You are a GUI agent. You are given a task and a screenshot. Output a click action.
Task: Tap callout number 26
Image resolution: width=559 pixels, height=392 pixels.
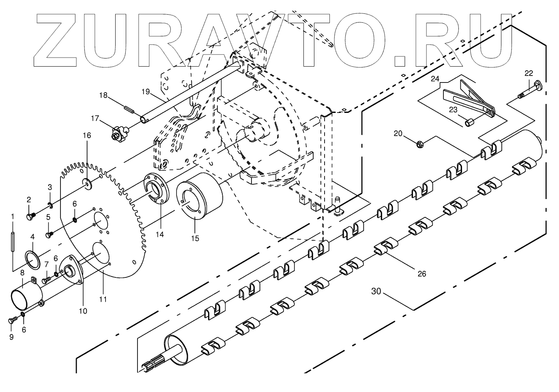pyautogui.click(x=422, y=274)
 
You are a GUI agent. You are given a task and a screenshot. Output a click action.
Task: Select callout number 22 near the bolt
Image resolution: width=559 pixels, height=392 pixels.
pyautogui.click(x=529, y=73)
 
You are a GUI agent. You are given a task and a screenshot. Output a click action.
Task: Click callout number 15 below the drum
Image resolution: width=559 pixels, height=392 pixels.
pyautogui.click(x=195, y=238)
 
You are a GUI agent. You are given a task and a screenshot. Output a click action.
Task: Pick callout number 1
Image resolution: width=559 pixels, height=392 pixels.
pyautogui.click(x=13, y=216)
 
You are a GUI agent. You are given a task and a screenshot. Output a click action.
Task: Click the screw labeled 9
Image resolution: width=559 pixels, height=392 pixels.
pyautogui.click(x=12, y=320)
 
